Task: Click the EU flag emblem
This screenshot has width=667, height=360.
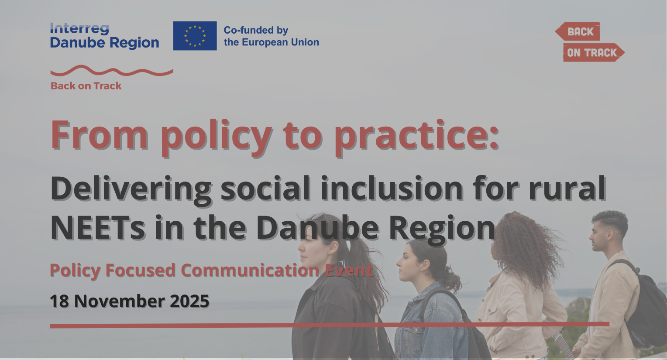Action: (x=195, y=36)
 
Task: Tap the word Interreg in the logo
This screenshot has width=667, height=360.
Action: (x=79, y=29)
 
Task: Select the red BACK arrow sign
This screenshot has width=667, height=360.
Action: (x=578, y=31)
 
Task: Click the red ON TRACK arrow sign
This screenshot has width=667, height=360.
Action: (x=594, y=52)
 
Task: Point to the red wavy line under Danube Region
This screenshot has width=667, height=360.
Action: (x=112, y=71)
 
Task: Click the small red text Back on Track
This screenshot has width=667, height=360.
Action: (x=86, y=86)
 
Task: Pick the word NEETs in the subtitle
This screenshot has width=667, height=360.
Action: (x=97, y=228)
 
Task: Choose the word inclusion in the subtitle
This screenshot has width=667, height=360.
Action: (x=392, y=189)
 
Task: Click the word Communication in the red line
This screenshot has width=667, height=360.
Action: (x=250, y=271)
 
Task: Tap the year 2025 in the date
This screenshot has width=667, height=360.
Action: (x=190, y=301)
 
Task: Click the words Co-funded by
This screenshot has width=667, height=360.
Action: (x=256, y=30)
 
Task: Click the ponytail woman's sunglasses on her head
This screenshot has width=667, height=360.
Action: (x=319, y=216)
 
